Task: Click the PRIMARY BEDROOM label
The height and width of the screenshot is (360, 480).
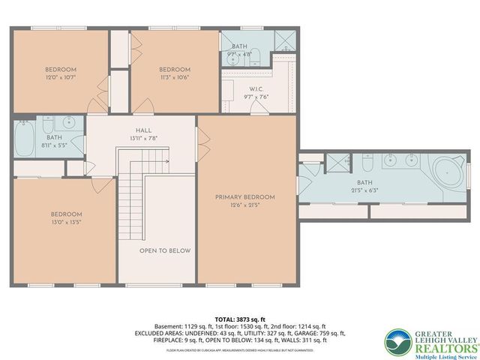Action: [244, 197]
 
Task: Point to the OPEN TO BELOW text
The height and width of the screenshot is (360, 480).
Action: [165, 250]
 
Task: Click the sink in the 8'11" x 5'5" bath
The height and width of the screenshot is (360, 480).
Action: [70, 121]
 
